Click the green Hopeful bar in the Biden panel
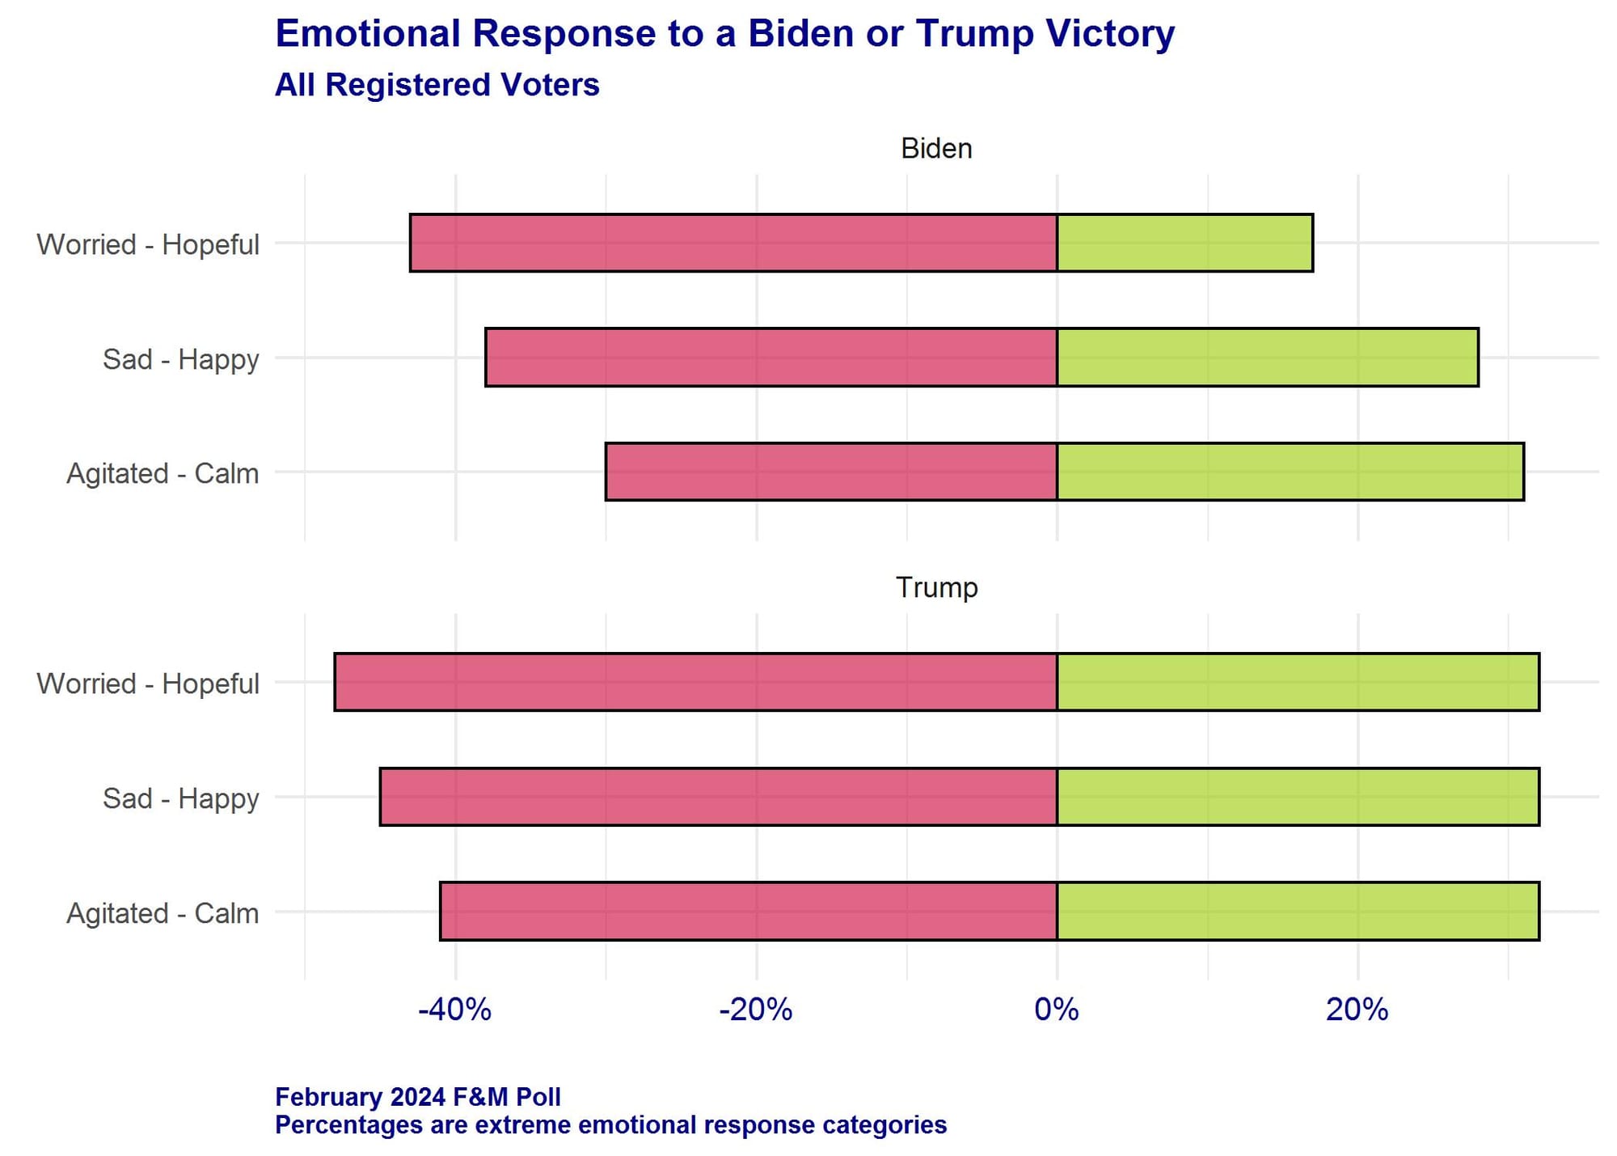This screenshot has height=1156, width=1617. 1184,243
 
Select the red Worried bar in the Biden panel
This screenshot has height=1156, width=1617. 733,243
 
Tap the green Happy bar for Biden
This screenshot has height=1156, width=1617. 1267,357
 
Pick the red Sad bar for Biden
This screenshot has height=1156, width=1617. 771,357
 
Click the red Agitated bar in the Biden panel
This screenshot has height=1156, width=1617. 831,472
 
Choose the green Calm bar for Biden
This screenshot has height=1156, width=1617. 1290,472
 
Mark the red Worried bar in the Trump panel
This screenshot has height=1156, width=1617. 695,682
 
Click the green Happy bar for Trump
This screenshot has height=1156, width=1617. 1298,797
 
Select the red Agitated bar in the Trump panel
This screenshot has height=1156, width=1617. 749,911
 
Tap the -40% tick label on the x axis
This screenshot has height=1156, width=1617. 454,1010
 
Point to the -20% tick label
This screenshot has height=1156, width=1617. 756,1010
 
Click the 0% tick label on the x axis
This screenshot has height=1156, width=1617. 1057,1010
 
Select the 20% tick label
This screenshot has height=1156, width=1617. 1357,1010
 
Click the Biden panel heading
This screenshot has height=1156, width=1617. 936,149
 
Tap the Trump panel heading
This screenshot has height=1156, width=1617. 936,587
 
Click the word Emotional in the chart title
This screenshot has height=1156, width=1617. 369,34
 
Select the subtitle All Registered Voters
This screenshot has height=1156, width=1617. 437,85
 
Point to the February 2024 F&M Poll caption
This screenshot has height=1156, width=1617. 417,1097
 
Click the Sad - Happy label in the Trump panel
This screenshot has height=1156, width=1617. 180,798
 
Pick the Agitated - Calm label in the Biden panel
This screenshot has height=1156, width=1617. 163,473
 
